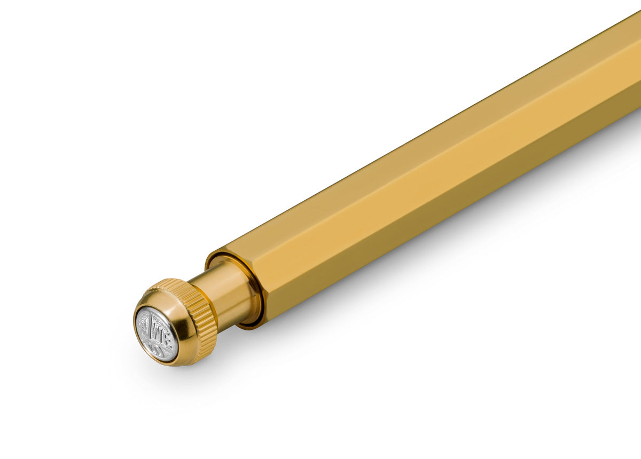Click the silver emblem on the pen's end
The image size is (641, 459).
(156, 334)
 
